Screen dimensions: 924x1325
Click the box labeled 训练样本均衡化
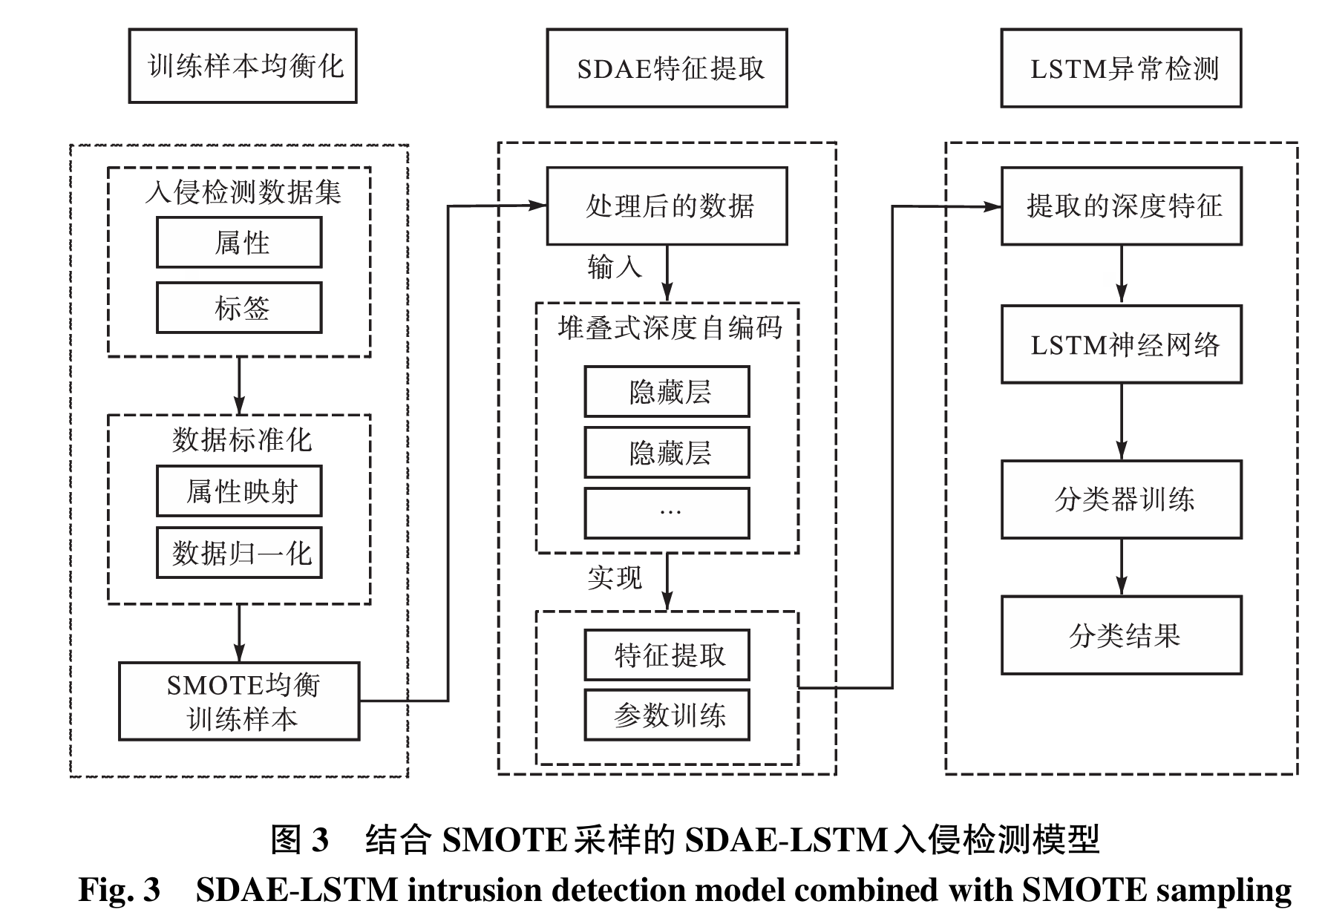click(242, 66)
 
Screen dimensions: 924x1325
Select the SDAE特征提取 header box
click(667, 68)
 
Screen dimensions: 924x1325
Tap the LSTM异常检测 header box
click(1121, 68)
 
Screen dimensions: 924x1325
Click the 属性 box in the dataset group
click(239, 243)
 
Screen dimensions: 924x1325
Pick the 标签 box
click(239, 308)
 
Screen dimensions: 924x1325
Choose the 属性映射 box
click(239, 491)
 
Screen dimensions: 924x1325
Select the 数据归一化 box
click(239, 553)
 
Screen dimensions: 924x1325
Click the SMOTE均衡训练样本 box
click(239, 701)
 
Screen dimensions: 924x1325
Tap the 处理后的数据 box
click(667, 206)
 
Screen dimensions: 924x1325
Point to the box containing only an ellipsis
click(667, 513)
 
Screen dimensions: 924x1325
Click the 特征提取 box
click(667, 655)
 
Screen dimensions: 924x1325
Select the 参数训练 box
click(667, 715)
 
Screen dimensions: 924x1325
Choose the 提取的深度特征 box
click(1121, 206)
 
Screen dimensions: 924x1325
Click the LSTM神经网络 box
click(1121, 344)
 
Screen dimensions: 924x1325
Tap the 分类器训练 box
click(1121, 499)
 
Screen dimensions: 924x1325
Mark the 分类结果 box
click(1121, 635)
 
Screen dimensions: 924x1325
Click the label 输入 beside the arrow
click(614, 266)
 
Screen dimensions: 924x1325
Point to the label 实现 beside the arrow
click(614, 577)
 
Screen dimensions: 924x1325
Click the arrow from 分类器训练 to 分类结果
click(1122, 567)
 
